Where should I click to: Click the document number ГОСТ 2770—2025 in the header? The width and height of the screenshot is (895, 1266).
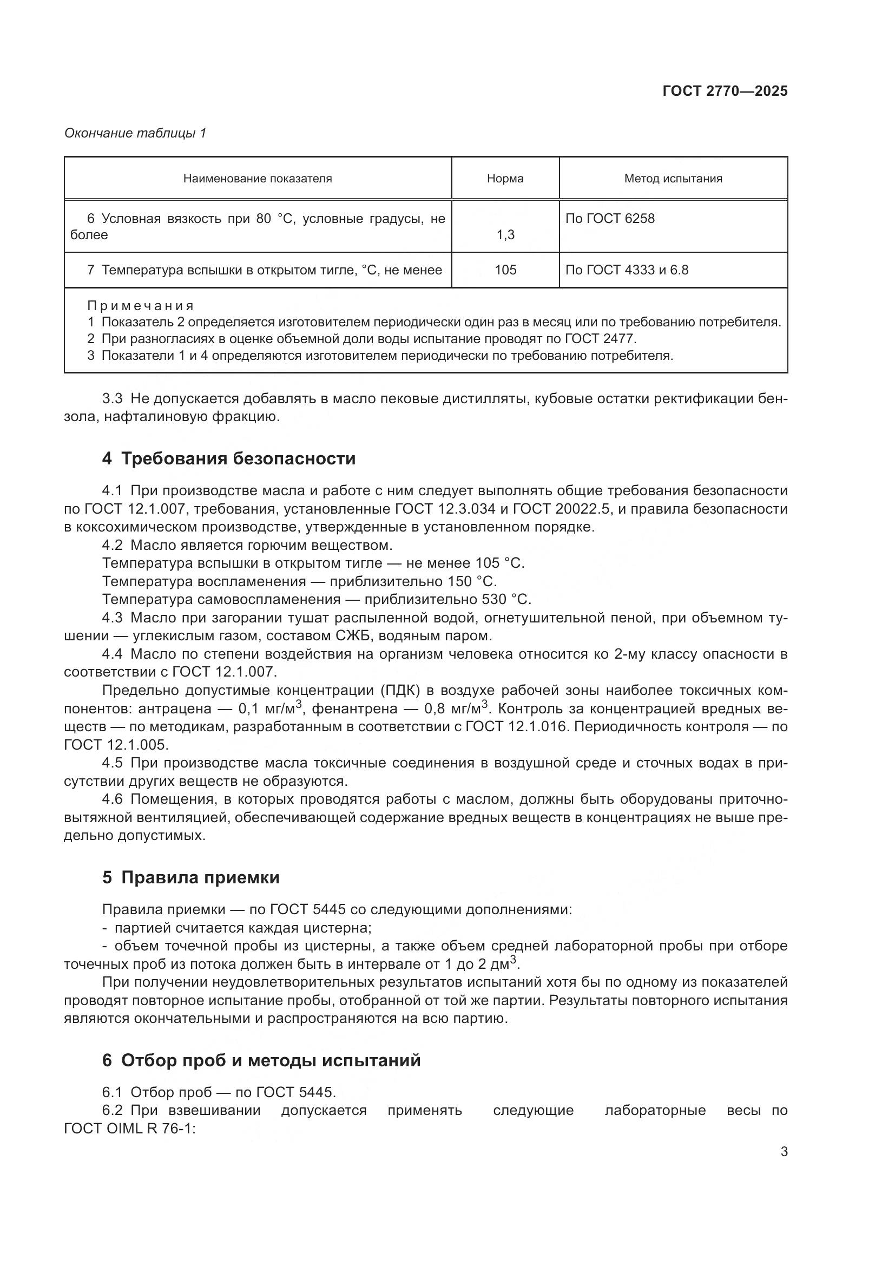click(725, 91)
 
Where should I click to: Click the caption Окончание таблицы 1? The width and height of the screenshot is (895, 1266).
click(135, 133)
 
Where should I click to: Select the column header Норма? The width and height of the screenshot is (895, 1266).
click(505, 179)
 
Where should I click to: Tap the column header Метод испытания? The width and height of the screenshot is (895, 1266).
click(673, 179)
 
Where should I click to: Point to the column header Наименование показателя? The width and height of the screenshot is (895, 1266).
click(258, 179)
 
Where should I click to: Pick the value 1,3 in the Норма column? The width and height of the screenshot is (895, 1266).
click(505, 235)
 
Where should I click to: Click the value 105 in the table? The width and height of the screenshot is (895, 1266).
click(505, 270)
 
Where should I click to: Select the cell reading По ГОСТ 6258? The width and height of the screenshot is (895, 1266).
click(609, 219)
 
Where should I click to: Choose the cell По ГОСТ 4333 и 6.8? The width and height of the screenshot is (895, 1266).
click(627, 270)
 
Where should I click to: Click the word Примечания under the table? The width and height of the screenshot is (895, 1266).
click(141, 306)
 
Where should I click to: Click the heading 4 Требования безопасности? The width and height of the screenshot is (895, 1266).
click(229, 459)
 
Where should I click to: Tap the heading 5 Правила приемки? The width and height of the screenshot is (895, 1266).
click(190, 877)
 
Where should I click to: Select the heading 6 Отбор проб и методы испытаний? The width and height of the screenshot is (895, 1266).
click(261, 1060)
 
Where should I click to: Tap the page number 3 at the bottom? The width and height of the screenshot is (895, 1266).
click(784, 1151)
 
